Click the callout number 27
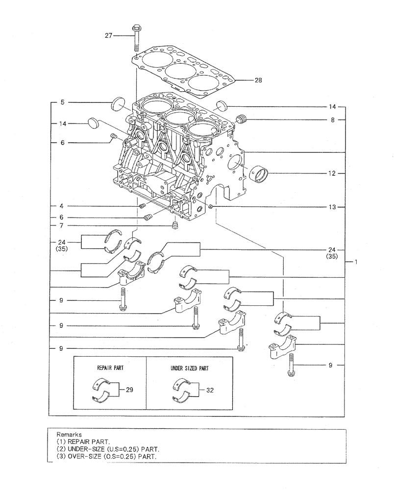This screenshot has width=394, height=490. tap(108, 35)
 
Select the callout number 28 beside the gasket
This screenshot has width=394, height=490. tap(258, 80)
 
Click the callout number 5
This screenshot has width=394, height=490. tap(62, 103)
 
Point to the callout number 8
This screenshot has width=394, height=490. tap(332, 119)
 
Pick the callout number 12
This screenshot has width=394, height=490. tap(332, 173)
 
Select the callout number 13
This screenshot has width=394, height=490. tap(332, 207)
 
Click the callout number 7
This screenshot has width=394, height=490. tap(62, 225)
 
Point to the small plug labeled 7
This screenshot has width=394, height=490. tap(174, 226)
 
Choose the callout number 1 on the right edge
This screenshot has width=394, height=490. tap(357, 262)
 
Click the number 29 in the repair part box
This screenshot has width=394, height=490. tap(129, 390)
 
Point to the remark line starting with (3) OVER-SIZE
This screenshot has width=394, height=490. tap(107, 455)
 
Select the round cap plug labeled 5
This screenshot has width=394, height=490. tap(119, 104)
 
